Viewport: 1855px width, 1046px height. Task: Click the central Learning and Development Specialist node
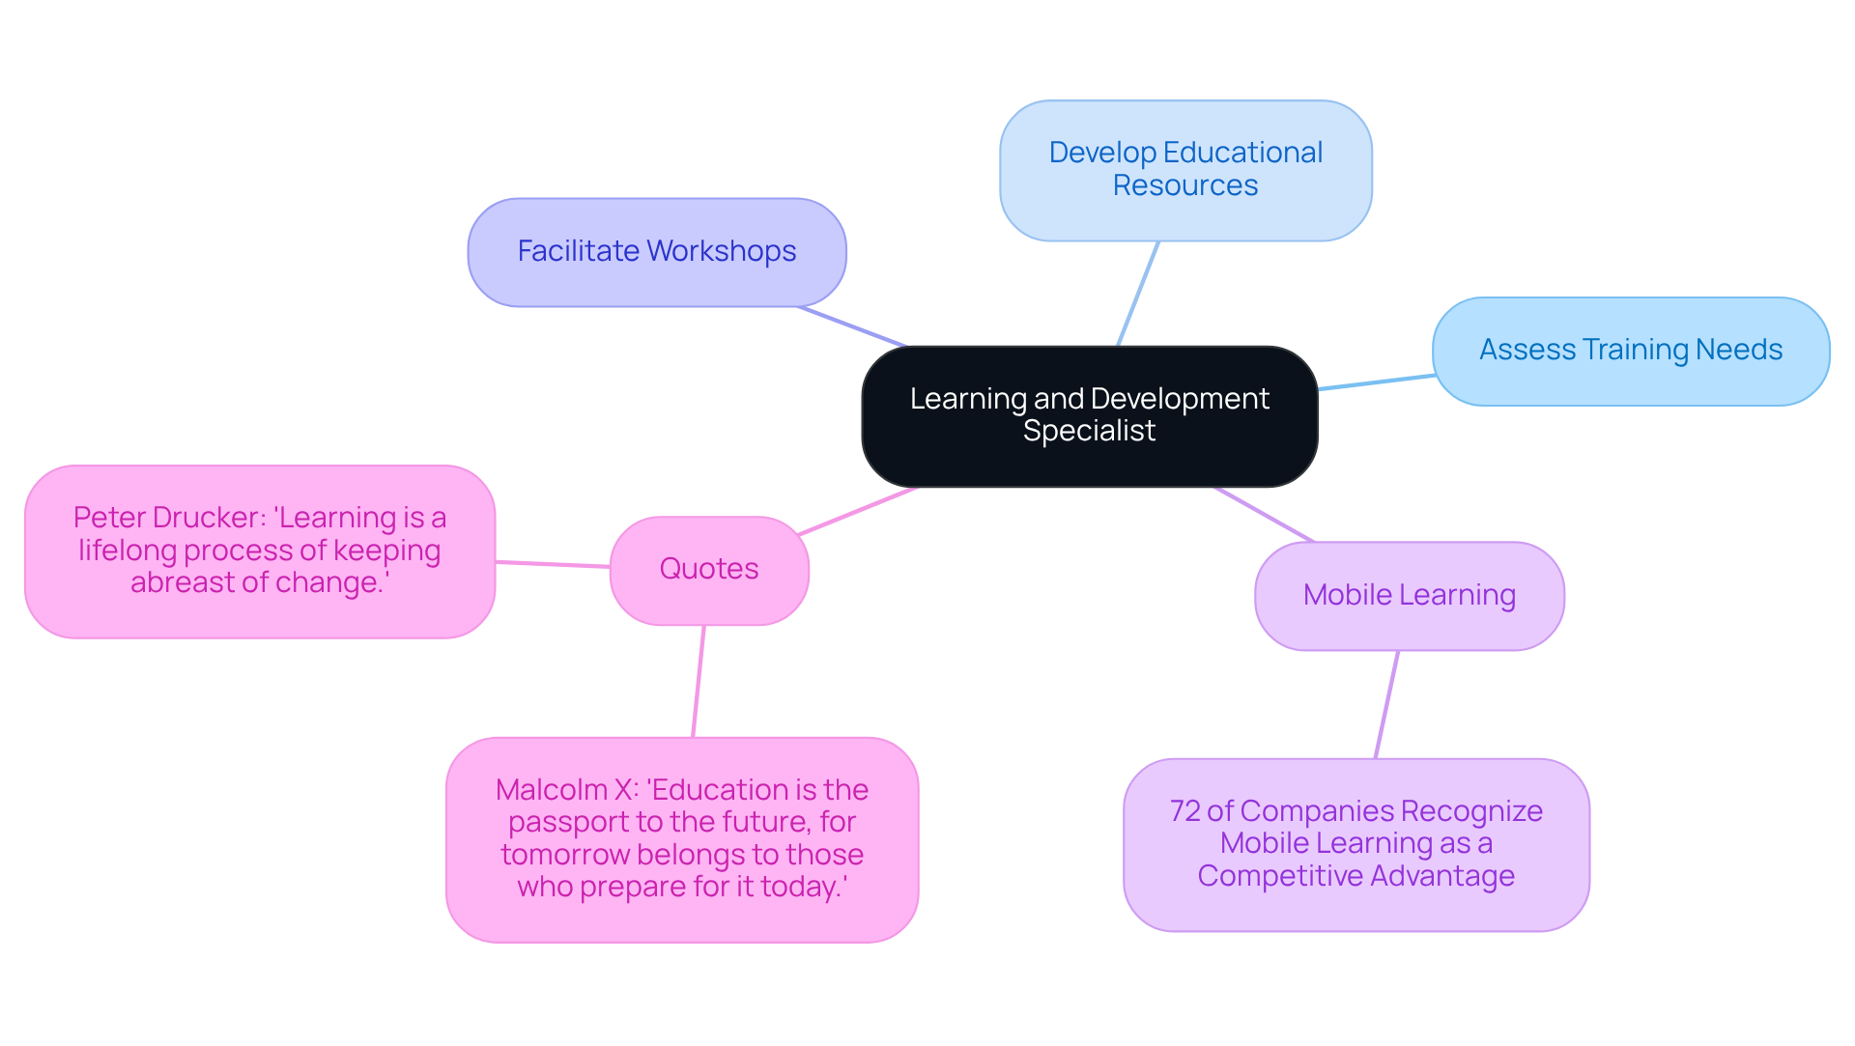(1089, 415)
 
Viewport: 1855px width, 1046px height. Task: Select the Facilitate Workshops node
(657, 252)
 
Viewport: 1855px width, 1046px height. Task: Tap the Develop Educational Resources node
(1185, 170)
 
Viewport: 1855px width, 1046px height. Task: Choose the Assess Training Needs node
(1630, 351)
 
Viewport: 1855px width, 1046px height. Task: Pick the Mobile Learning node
(1409, 595)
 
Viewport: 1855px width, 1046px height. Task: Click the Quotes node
(708, 570)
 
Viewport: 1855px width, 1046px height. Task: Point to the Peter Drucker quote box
(260, 551)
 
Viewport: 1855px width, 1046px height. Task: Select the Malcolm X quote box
(681, 839)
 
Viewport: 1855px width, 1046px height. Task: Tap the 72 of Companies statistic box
(1356, 844)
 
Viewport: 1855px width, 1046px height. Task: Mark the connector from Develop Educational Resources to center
(1138, 293)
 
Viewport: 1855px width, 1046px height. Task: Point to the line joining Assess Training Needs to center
(1376, 382)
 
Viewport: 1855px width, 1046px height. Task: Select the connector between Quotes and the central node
(858, 511)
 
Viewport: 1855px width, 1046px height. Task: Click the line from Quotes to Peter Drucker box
(553, 564)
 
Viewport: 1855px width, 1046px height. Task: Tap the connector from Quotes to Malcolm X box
(699, 681)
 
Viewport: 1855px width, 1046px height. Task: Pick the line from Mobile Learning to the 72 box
(1386, 704)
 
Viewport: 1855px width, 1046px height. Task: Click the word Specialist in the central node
(1089, 431)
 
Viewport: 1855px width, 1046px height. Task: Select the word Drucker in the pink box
(213, 518)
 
